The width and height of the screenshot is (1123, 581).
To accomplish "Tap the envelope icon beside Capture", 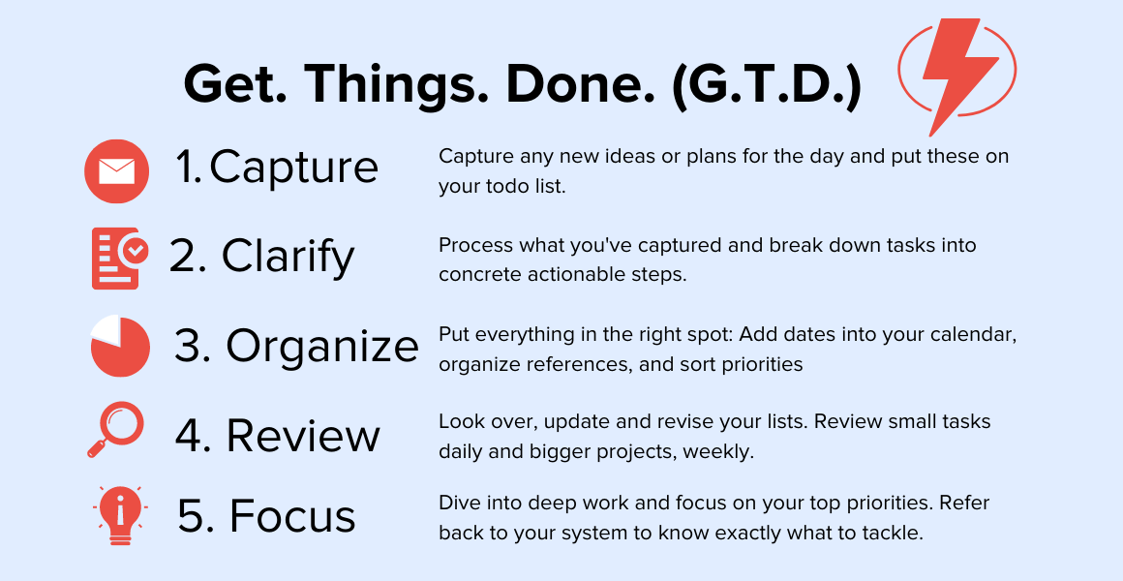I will click(116, 171).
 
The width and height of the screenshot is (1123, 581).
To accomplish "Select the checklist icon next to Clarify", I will click(119, 259).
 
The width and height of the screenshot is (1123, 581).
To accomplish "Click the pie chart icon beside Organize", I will click(119, 347).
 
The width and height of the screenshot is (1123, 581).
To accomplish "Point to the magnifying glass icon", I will click(115, 430).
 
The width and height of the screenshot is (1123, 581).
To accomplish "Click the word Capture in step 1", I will click(293, 168).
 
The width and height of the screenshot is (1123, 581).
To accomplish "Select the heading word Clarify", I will click(288, 257).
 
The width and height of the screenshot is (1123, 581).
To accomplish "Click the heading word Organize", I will click(321, 347).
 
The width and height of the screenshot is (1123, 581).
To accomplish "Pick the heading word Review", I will click(302, 436).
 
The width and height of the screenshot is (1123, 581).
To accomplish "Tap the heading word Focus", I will click(292, 517).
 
